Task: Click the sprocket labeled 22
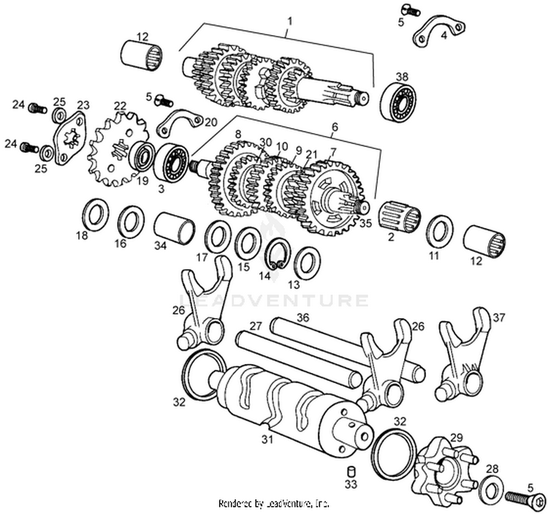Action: point(110,149)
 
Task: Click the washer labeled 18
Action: point(94,214)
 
